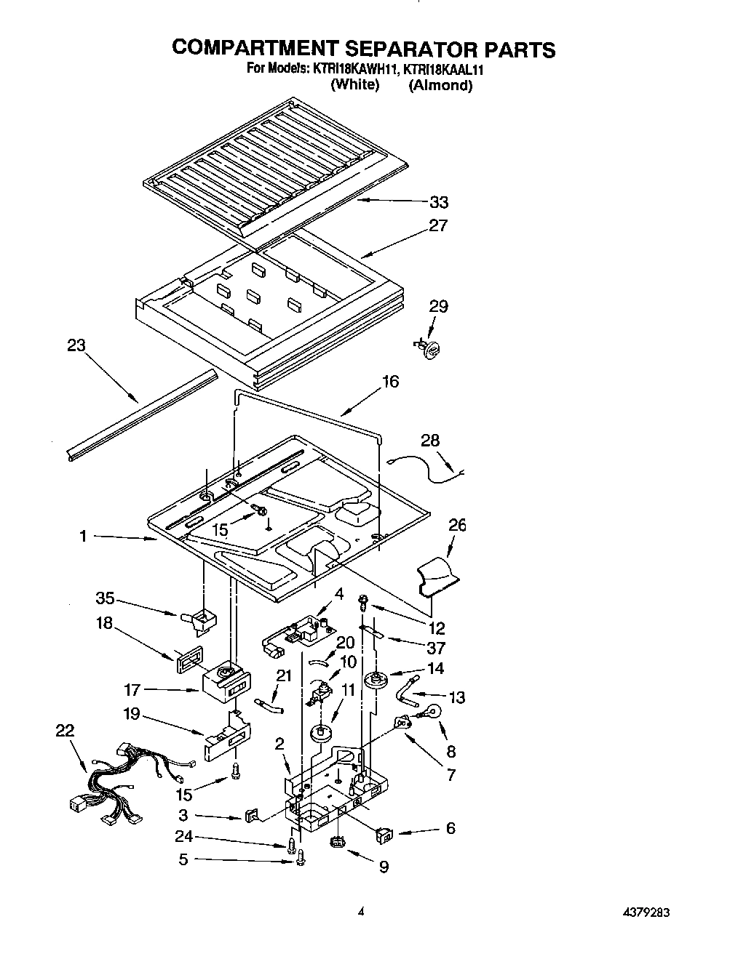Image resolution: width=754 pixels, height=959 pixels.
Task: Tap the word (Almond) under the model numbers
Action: [x=440, y=85]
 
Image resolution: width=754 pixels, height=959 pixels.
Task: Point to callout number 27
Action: [x=438, y=225]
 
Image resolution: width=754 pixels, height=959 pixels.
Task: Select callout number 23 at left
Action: [x=76, y=346]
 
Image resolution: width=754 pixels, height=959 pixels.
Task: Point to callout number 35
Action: [x=106, y=598]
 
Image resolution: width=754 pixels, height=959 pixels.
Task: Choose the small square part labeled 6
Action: [x=384, y=834]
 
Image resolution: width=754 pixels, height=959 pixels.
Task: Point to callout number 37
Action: [x=436, y=648]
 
